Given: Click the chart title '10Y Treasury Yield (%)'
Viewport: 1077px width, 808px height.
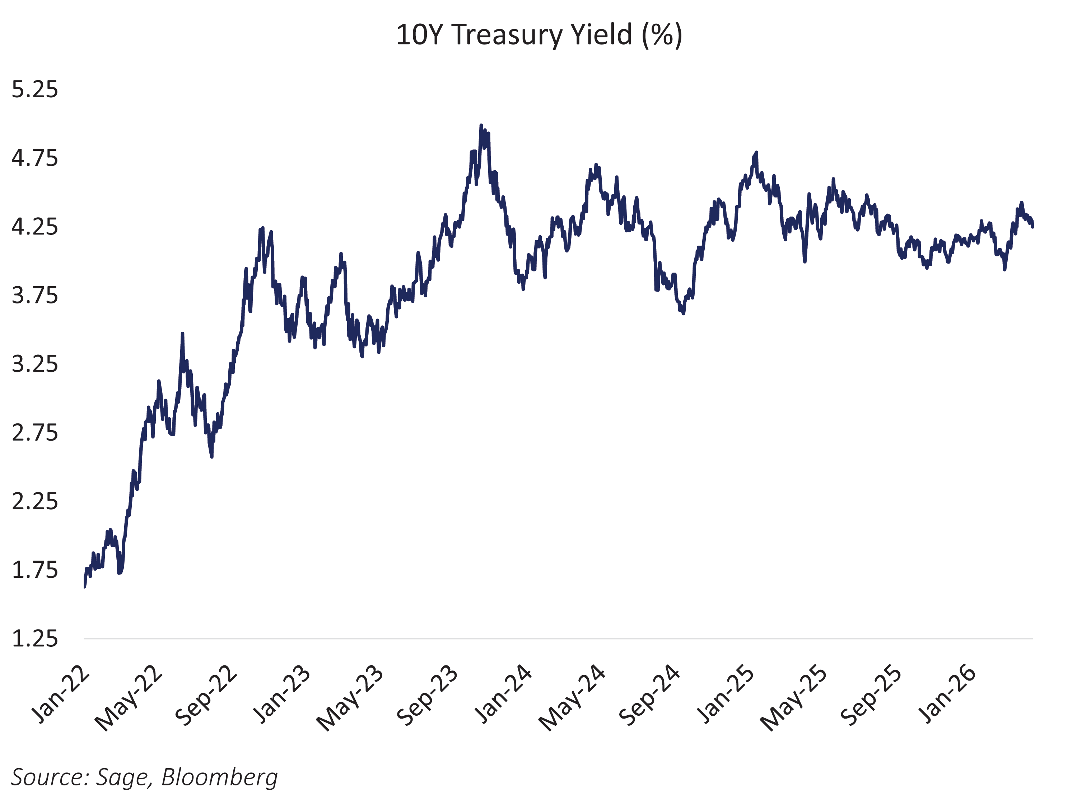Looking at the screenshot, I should pos(538,35).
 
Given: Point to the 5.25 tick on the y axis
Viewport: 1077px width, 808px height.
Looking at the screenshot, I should pos(34,90).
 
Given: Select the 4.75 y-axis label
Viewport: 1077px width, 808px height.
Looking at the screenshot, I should pos(34,158).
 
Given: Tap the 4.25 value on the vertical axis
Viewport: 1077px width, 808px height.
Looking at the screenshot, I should pos(34,227).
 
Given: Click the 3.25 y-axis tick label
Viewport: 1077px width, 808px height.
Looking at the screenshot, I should pos(34,364).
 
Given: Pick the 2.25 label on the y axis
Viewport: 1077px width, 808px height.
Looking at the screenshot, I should pos(34,501).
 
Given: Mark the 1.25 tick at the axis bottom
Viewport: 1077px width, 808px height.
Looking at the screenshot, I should pos(34,638).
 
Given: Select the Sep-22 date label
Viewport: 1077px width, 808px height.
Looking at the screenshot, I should pos(206,695).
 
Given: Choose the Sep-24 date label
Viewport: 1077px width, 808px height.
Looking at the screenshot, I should pos(649,695).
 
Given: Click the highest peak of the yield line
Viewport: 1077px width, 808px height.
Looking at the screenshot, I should pos(481,126).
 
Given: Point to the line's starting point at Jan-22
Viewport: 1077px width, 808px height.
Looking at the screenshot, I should pos(85,586).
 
